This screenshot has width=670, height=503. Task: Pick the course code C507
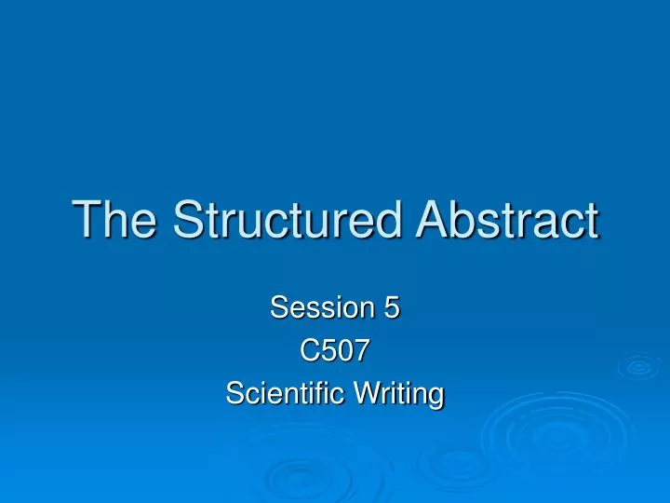[x=335, y=351]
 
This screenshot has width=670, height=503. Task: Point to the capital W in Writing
[x=368, y=394]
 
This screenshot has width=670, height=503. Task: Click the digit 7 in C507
[x=361, y=351]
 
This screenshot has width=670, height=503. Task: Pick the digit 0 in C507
[x=344, y=351]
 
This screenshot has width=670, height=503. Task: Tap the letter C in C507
[x=309, y=351]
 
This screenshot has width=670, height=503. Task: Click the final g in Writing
[x=435, y=398]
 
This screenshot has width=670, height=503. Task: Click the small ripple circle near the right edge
[x=639, y=367]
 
